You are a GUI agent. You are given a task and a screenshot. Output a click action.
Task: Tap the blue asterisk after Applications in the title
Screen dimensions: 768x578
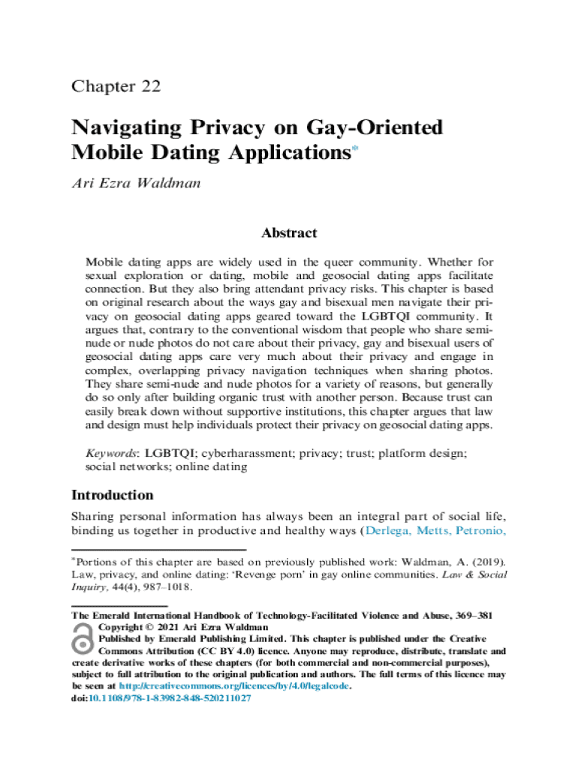[356, 150]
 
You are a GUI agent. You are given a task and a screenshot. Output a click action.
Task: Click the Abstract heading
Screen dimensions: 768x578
[289, 233]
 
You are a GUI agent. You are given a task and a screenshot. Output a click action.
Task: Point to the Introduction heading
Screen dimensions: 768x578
[112, 495]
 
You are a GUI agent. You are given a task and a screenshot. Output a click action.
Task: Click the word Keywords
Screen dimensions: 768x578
[110, 453]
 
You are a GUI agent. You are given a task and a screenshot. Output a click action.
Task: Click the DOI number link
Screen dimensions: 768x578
[170, 697]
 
